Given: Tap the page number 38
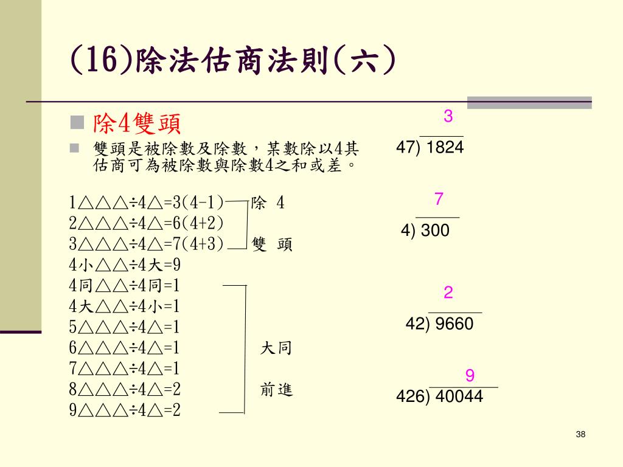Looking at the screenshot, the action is tap(580, 434).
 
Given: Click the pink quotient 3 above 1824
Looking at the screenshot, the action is tap(448, 116).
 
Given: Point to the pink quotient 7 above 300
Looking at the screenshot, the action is tap(439, 199).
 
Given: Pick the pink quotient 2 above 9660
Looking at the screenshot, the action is tap(448, 293).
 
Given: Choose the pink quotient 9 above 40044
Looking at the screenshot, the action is tap(470, 375).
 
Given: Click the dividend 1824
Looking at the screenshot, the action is tap(445, 148).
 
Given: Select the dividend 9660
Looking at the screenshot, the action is tap(454, 324).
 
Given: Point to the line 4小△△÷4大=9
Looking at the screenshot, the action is tap(125, 265).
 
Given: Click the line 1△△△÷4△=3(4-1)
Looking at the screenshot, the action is tap(146, 202).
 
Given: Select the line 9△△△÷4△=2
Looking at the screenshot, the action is tap(125, 410).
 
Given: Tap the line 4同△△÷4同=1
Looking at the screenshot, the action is tap(125, 286).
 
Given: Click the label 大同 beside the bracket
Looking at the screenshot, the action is tap(276, 348).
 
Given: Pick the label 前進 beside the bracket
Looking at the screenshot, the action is tap(276, 390).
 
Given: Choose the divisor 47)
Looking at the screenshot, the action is tap(408, 148).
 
